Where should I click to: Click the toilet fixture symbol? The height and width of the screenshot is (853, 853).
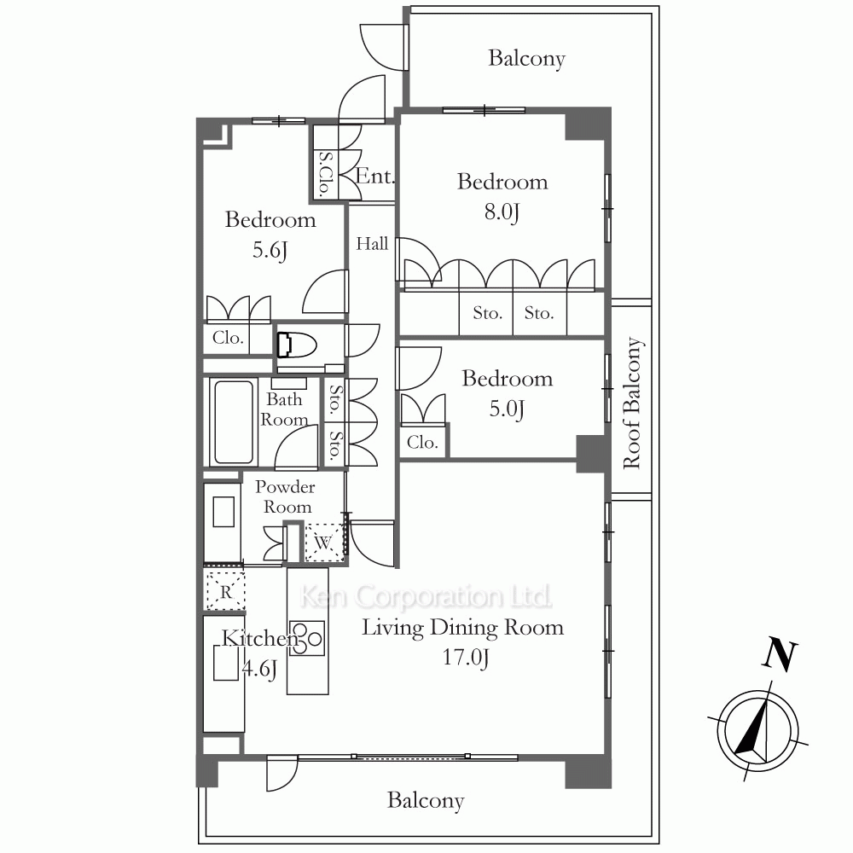coord(297,345)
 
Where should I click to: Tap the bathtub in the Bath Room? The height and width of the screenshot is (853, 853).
coord(234,421)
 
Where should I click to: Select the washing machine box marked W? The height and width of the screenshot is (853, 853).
coord(323,542)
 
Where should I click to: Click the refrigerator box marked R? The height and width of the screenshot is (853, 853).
coord(225,590)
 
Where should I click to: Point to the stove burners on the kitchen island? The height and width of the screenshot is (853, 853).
coord(307,638)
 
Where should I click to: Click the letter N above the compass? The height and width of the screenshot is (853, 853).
coord(780,655)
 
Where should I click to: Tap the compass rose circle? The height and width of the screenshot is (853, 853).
coord(757,731)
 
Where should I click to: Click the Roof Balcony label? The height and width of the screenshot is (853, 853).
coord(633,403)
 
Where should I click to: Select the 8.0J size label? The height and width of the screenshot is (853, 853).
coord(502,212)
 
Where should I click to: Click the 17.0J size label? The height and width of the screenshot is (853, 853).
coord(466,658)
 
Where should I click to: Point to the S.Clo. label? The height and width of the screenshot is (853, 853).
coord(325,173)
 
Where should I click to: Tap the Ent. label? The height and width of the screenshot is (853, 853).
coord(374,177)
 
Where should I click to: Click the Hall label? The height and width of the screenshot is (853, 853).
coord(372,243)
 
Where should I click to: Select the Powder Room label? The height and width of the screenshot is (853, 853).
coord(286,496)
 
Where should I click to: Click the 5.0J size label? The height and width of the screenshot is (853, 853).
coord(507,409)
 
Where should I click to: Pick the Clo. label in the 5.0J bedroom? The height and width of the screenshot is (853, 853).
coord(422,442)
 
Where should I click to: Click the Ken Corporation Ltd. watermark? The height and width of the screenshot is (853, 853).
coord(426,597)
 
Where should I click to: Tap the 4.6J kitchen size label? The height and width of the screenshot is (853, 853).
coord(259,669)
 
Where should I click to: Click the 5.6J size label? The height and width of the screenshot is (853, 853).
coord(270,250)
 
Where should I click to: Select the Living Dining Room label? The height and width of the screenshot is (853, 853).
coord(463,628)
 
